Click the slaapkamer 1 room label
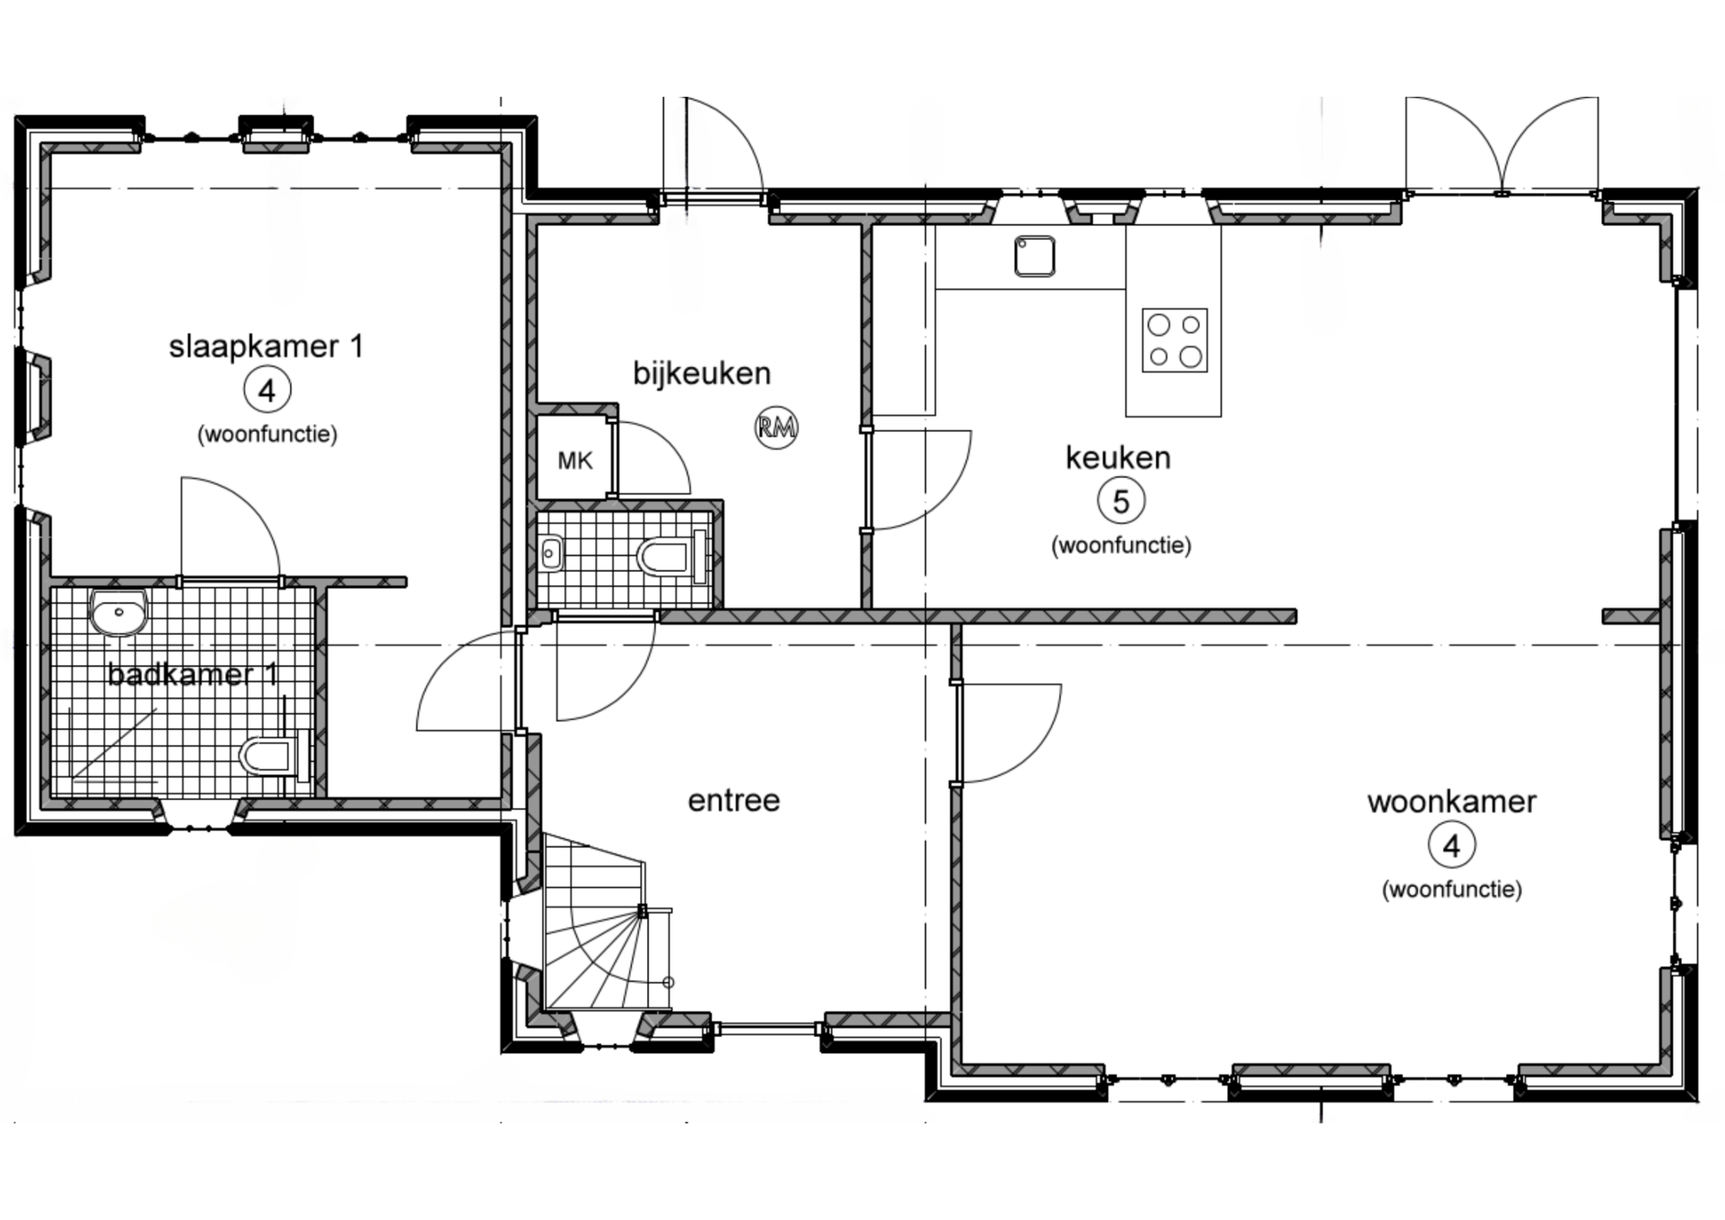[266, 347]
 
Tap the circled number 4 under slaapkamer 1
[267, 390]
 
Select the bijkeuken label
[702, 373]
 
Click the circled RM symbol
[776, 428]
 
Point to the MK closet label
[574, 461]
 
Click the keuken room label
[1118, 457]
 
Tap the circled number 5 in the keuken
[1121, 502]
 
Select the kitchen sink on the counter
[1035, 256]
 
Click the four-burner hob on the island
[1175, 340]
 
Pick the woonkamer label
[1451, 801]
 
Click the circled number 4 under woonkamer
[1451, 845]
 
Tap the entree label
[734, 800]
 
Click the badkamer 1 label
[193, 674]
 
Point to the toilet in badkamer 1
[270, 755]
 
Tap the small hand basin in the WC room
[551, 553]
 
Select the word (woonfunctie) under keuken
[1121, 545]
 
